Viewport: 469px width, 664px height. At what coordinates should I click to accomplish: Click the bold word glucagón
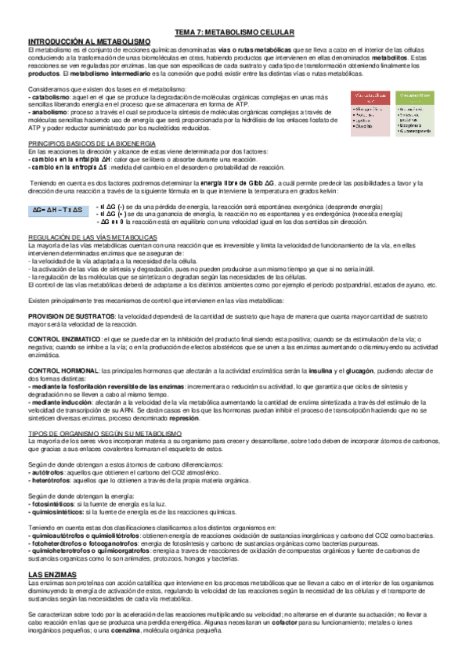[348, 370]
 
